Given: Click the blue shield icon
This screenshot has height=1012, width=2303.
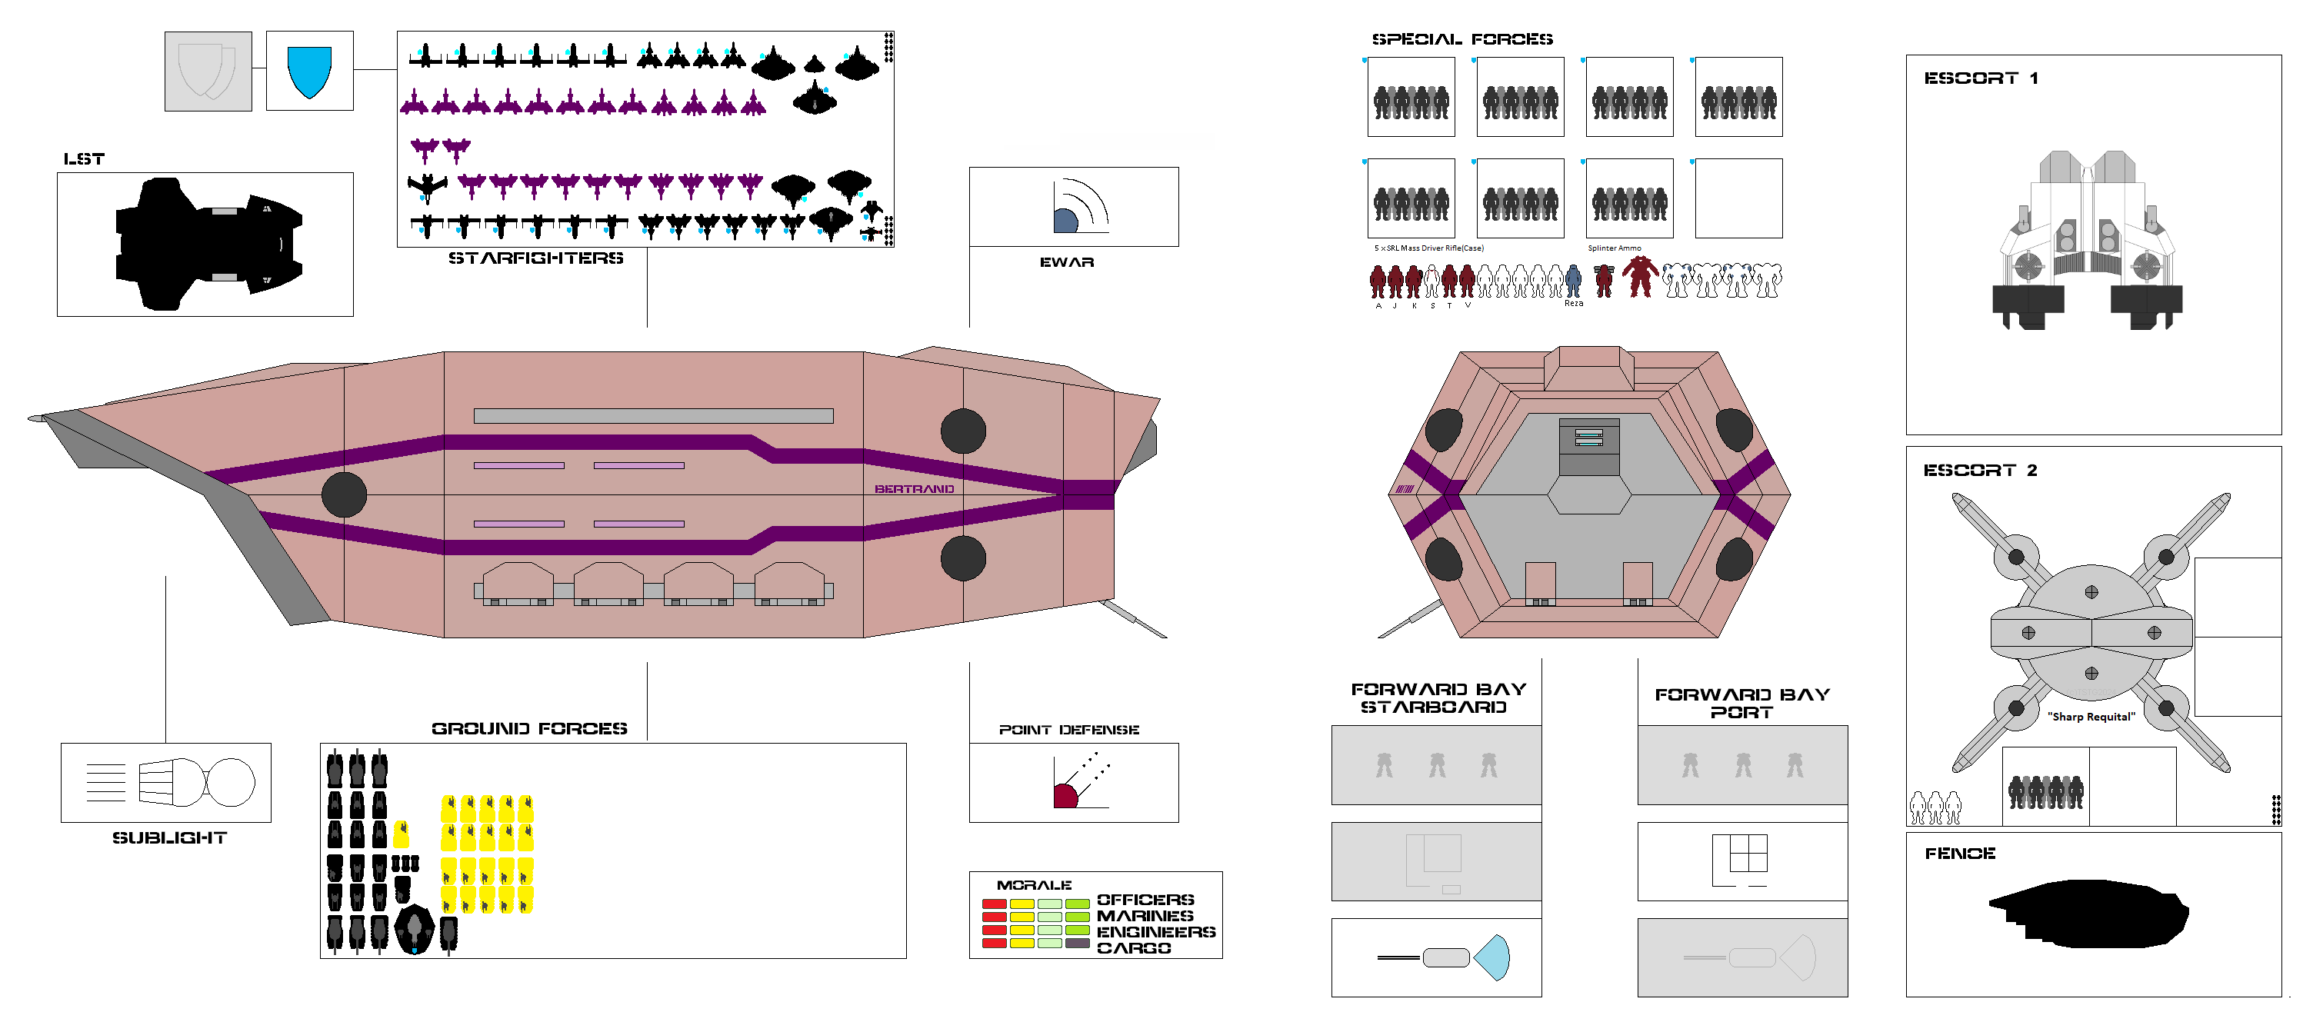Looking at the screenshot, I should coord(309,71).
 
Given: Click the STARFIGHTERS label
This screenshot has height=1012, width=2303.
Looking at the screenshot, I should coord(535,258).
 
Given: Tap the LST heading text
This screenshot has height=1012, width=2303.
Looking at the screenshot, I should coord(84,159).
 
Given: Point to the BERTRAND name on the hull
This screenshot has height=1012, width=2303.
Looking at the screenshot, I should coord(914,489).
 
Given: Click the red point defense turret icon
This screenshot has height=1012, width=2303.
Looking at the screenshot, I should coord(1065,795).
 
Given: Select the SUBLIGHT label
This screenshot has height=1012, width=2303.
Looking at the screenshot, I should coord(169,837).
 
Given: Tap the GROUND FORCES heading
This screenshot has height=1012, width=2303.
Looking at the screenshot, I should coord(529,728).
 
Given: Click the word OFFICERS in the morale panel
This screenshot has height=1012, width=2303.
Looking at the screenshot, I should coord(1145,900).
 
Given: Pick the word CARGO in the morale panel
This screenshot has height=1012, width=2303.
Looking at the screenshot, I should coord(1134,947).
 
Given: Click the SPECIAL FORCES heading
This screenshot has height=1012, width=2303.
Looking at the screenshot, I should coord(1461,39).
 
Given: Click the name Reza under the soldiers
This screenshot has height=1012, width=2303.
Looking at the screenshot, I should coord(1574,304).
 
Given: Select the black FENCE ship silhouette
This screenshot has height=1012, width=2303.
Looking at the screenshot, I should coord(2088,913).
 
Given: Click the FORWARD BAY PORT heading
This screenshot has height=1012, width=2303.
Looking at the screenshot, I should coord(1741,703).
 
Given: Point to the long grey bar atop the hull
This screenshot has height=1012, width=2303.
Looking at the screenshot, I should coord(652,416).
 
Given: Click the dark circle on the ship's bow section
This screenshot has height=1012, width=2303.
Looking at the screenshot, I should coord(344,494).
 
